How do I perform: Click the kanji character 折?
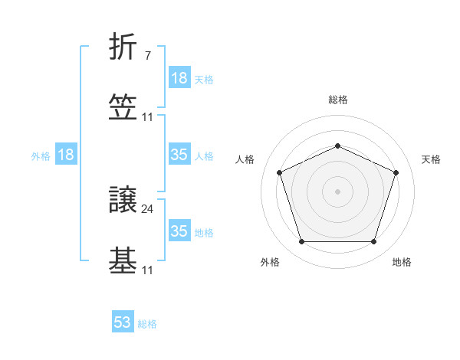click(123, 48)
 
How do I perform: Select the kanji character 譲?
click(123, 201)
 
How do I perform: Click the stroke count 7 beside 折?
click(147, 56)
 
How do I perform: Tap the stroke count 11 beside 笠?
click(148, 117)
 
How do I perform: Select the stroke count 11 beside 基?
click(148, 270)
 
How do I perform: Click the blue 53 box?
click(123, 322)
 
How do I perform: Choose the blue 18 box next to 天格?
click(179, 78)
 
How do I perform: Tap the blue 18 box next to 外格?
click(66, 155)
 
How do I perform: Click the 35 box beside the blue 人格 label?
click(179, 155)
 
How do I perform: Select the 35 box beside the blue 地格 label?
click(179, 231)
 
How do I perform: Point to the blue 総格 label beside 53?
click(147, 324)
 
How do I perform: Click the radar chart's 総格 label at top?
click(337, 100)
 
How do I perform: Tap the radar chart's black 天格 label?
click(431, 159)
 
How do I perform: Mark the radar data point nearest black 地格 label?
click(373, 242)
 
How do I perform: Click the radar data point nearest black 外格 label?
click(301, 242)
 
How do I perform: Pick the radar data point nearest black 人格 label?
click(279, 172)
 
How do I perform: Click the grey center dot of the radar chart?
click(337, 191)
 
